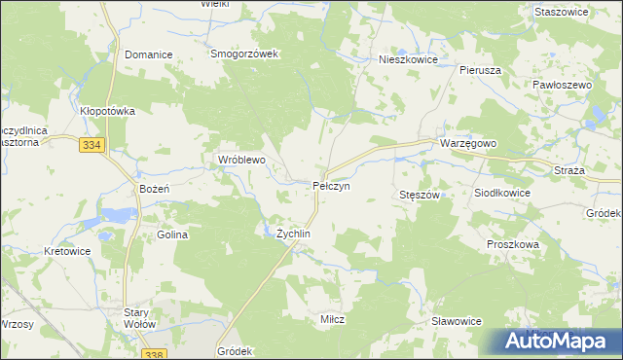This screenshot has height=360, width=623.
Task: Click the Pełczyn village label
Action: pos(331,185)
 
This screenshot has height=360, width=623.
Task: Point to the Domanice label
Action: pos(148,55)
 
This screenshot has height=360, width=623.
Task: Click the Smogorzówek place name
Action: pos(245,54)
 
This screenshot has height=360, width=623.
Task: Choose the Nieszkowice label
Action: pos(408,59)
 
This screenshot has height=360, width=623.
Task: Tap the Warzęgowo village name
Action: pos(468,143)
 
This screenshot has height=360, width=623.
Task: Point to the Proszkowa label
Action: pos(513,245)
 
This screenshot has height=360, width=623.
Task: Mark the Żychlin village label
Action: pos(293,234)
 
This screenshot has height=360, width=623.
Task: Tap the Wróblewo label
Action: pos(240,159)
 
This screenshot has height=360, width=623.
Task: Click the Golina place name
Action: pos(171,235)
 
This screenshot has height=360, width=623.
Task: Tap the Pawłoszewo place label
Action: pos(563,86)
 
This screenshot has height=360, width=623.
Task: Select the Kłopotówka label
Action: pos(107,112)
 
